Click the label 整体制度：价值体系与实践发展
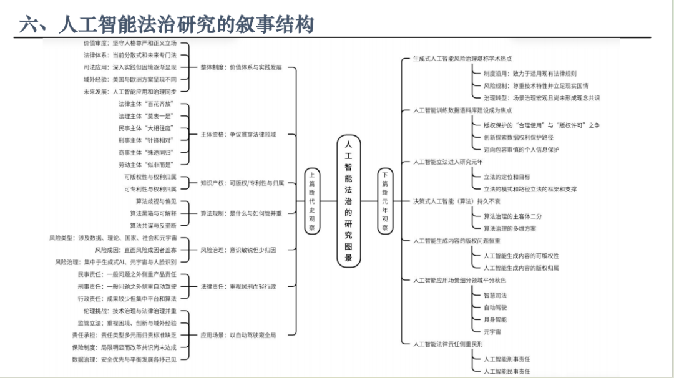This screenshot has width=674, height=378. click(241, 67)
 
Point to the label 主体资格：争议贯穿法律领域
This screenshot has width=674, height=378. click(238, 134)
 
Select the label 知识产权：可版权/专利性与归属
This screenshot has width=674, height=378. click(242, 183)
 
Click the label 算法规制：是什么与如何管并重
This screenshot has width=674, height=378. click(241, 213)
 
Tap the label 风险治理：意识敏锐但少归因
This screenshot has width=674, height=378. click(238, 250)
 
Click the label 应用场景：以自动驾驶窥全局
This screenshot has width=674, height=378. click(238, 335)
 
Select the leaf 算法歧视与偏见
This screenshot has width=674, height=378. click(156, 201)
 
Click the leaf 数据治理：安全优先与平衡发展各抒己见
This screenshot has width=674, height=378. click(124, 360)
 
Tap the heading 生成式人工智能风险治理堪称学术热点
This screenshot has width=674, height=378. click(462, 58)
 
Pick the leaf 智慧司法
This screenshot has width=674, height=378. click(495, 295)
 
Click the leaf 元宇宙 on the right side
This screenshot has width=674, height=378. click(492, 332)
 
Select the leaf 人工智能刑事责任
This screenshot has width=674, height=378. click(507, 359)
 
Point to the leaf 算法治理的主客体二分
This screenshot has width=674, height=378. click(512, 216)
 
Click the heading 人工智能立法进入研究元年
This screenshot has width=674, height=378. click(447, 162)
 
